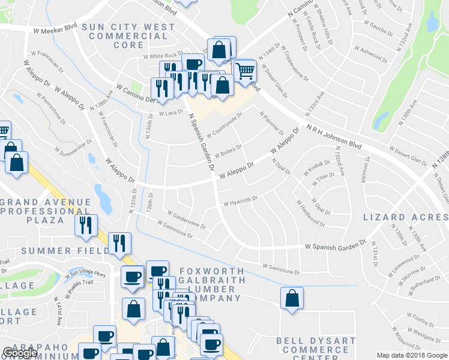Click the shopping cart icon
(245, 71)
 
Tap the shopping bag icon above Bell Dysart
(292, 298)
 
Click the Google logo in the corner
(20, 353)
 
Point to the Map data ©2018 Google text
(411, 355)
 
